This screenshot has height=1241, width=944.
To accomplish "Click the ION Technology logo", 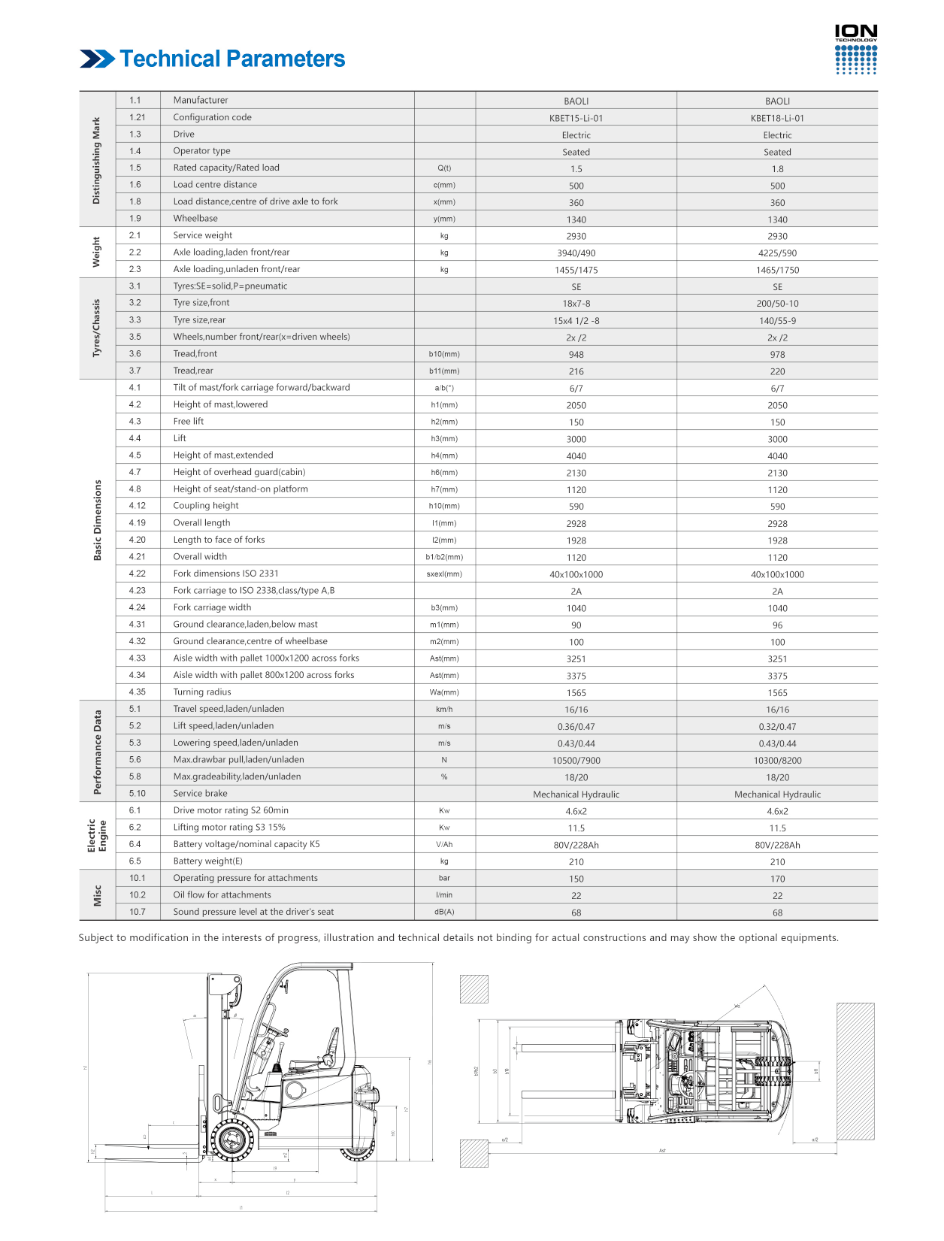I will (856, 50).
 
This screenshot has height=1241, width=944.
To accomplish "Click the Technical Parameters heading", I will (232, 59).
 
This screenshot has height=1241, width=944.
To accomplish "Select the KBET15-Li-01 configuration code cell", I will (576, 118).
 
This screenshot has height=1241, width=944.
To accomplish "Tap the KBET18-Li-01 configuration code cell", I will (777, 118).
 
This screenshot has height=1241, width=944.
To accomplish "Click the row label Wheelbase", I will (195, 219).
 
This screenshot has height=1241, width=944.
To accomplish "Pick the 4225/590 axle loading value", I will (777, 253).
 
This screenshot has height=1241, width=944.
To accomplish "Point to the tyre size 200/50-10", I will (777, 304).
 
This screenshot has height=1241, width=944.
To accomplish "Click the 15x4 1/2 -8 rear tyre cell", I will (576, 321).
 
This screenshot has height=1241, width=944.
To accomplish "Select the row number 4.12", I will (137, 506).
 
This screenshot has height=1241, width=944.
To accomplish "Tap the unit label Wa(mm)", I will (444, 692).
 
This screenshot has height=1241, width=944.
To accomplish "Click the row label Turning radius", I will (202, 692).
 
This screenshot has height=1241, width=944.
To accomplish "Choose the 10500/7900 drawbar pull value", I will (576, 761).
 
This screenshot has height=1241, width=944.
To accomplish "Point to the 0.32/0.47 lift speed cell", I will (777, 727).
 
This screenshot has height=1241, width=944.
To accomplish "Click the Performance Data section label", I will (97, 752).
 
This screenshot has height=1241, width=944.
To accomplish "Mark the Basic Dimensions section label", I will (97, 520).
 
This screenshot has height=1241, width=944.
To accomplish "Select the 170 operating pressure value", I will (777, 879).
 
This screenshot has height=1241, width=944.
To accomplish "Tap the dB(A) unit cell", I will (444, 912).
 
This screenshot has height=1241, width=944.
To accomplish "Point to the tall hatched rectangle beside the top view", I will (855, 1071).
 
